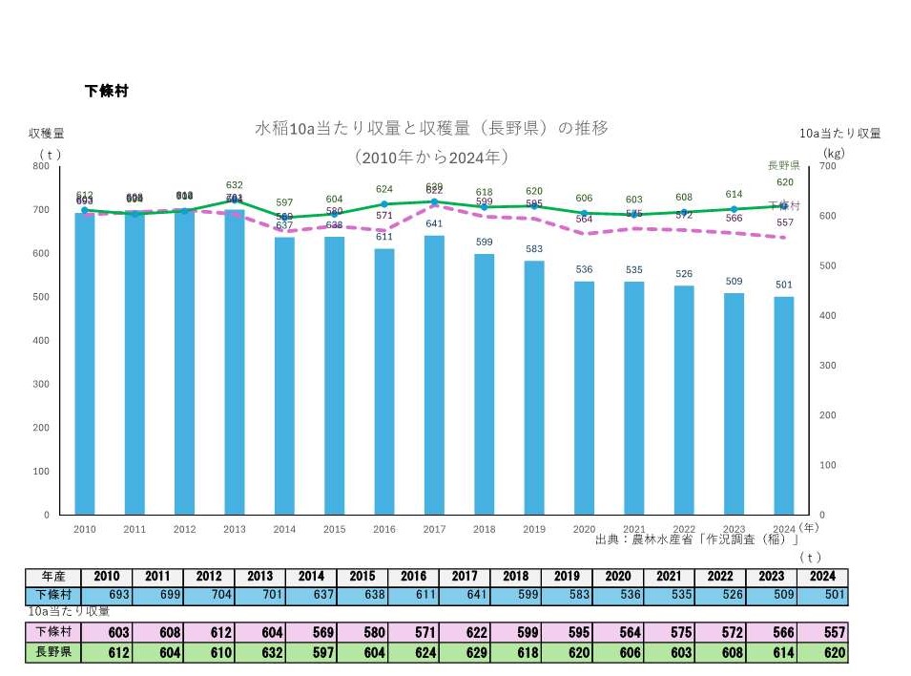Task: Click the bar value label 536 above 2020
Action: (x=584, y=270)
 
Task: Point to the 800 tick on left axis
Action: (x=42, y=166)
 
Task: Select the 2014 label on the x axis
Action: (x=284, y=529)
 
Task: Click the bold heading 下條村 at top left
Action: (x=107, y=92)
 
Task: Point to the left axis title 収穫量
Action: (x=46, y=134)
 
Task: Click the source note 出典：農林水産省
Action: (x=696, y=539)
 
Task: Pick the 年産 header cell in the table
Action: (x=53, y=577)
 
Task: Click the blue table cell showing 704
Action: (x=208, y=596)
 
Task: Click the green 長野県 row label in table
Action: (x=53, y=653)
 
